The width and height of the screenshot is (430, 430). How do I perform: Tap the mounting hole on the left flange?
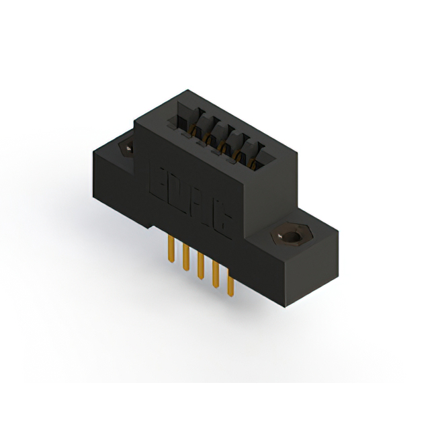[x=125, y=147]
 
